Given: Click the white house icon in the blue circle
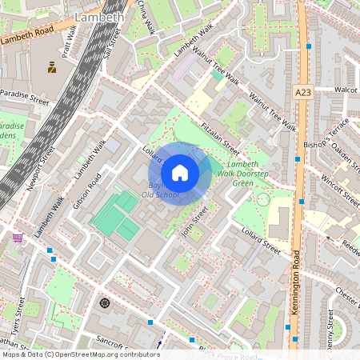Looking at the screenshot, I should coord(180,173).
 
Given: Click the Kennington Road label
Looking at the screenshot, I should coord(294,281).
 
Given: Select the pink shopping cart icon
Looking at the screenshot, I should coord(18,238).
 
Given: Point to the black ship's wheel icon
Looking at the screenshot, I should coord(104,303).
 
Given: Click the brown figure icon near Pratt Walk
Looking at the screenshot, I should coord(52,67).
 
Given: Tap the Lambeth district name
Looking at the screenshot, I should coord(98,16).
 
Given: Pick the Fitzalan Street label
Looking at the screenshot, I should coord(221,138).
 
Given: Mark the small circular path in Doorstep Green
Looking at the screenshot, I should coord(262,199).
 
